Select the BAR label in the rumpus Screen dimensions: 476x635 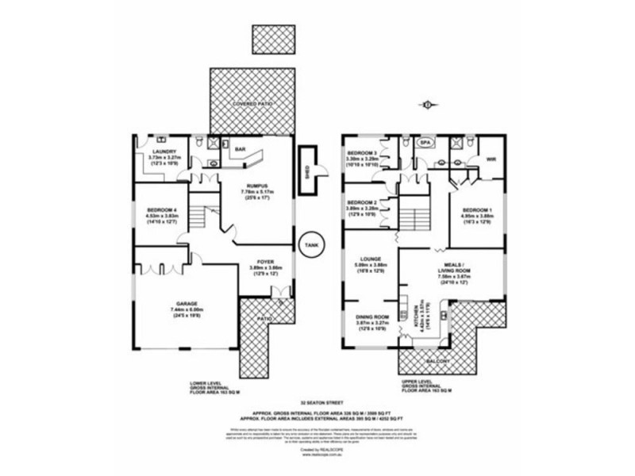[240, 148]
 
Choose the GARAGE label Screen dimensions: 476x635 [186, 304]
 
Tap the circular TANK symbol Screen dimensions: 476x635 [310, 245]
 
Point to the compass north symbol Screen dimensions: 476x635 [427, 103]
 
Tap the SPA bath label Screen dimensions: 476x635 [425, 143]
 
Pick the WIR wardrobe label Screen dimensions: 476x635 [491, 157]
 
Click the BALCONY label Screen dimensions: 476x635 [439, 361]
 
